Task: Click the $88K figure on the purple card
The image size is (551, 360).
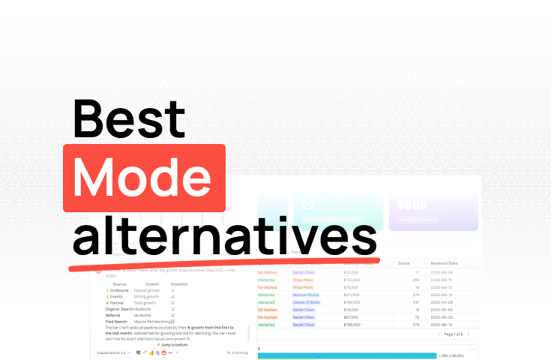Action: click(412, 203)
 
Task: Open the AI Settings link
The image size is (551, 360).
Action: click(238, 352)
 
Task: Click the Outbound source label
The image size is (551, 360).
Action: click(119, 290)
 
